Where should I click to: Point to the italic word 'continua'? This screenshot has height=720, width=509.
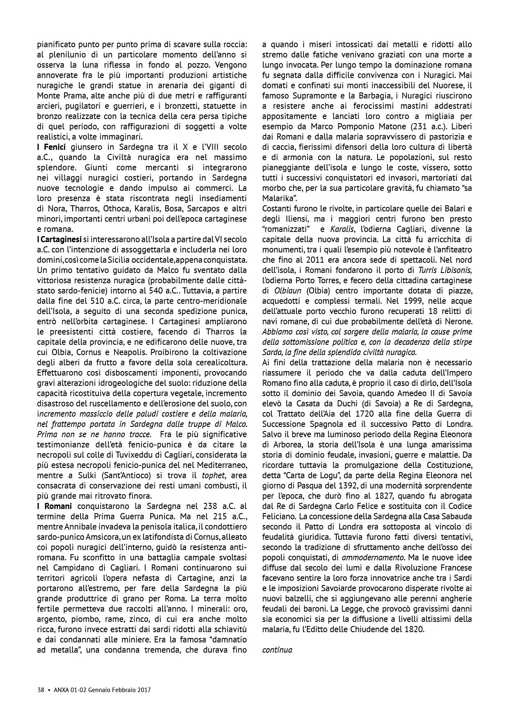tap(277, 650)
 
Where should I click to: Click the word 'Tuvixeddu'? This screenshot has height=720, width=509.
tap(145, 455)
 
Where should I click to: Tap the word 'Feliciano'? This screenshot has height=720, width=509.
tap(278, 516)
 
